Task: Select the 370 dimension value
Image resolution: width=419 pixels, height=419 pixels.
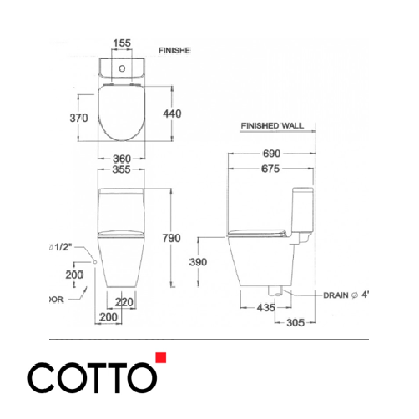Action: [78, 119]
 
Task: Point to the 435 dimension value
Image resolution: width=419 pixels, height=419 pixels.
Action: [265, 308]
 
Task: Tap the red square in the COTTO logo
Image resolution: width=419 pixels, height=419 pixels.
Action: [161, 359]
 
